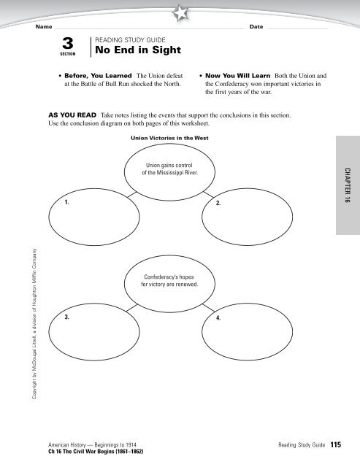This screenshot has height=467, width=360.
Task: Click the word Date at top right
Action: tap(256, 27)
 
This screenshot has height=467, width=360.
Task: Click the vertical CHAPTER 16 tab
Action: tap(348, 186)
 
